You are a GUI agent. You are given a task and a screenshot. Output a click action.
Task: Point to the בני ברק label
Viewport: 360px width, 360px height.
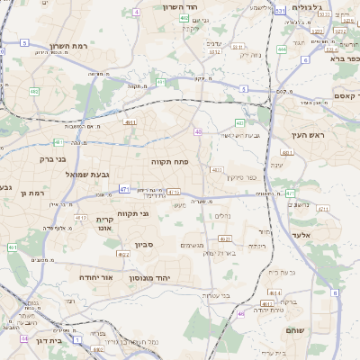pyautogui.click(x=54, y=159)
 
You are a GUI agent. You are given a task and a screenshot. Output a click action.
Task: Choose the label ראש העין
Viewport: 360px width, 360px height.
pyautogui.click(x=306, y=134)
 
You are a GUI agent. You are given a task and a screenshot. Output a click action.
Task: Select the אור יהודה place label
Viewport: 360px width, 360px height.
pyautogui.click(x=95, y=278)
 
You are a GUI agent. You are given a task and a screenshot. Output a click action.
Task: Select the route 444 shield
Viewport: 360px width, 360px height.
pyautogui.click(x=282, y=49)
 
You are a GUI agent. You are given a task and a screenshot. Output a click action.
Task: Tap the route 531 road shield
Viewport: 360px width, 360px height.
pyautogui.click(x=280, y=11)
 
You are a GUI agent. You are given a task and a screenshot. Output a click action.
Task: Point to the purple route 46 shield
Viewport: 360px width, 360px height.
pyautogui.click(x=241, y=314)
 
